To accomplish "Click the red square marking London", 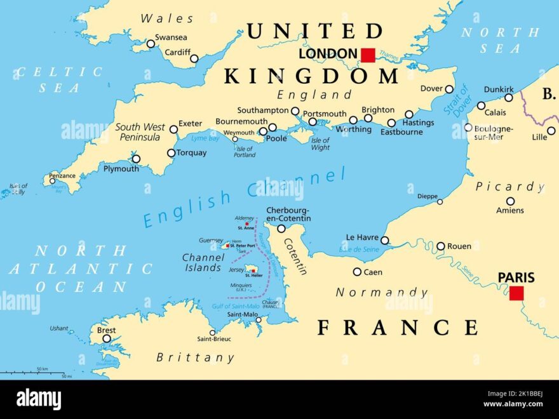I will pos(368,55).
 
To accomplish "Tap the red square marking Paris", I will pos(516,293).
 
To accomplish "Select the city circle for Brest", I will pos(107,338).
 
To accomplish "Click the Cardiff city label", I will pos(177,53).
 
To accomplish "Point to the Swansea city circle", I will pos(151,44).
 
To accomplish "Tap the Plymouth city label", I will pos(121,169).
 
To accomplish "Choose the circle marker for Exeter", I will pos(173,129).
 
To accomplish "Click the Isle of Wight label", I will pos(320,144).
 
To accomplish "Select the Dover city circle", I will pos(449,90).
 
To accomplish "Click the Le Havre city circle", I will pos(384,240).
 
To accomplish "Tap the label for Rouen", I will pos(459,246).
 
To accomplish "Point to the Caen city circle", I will pos(357,272).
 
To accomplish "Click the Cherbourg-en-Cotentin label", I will pos(288,214).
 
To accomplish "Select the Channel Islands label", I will pos(202,263).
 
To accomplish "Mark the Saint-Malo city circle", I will pos(259,320).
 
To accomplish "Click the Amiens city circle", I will pos(510,201).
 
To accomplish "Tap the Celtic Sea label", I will pos(60,80).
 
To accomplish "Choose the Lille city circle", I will pos(551,131).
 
